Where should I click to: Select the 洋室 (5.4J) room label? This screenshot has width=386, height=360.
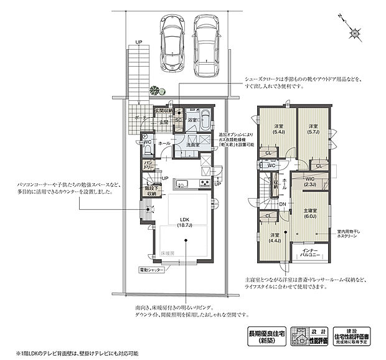point(278,130)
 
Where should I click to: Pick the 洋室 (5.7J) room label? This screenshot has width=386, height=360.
point(313,130)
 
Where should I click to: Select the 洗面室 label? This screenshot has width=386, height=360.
point(192,144)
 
